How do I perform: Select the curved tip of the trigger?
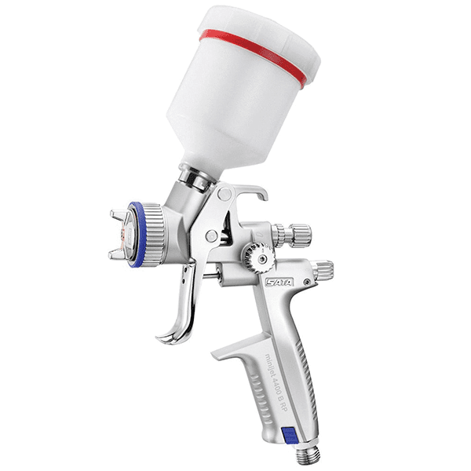167,336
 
